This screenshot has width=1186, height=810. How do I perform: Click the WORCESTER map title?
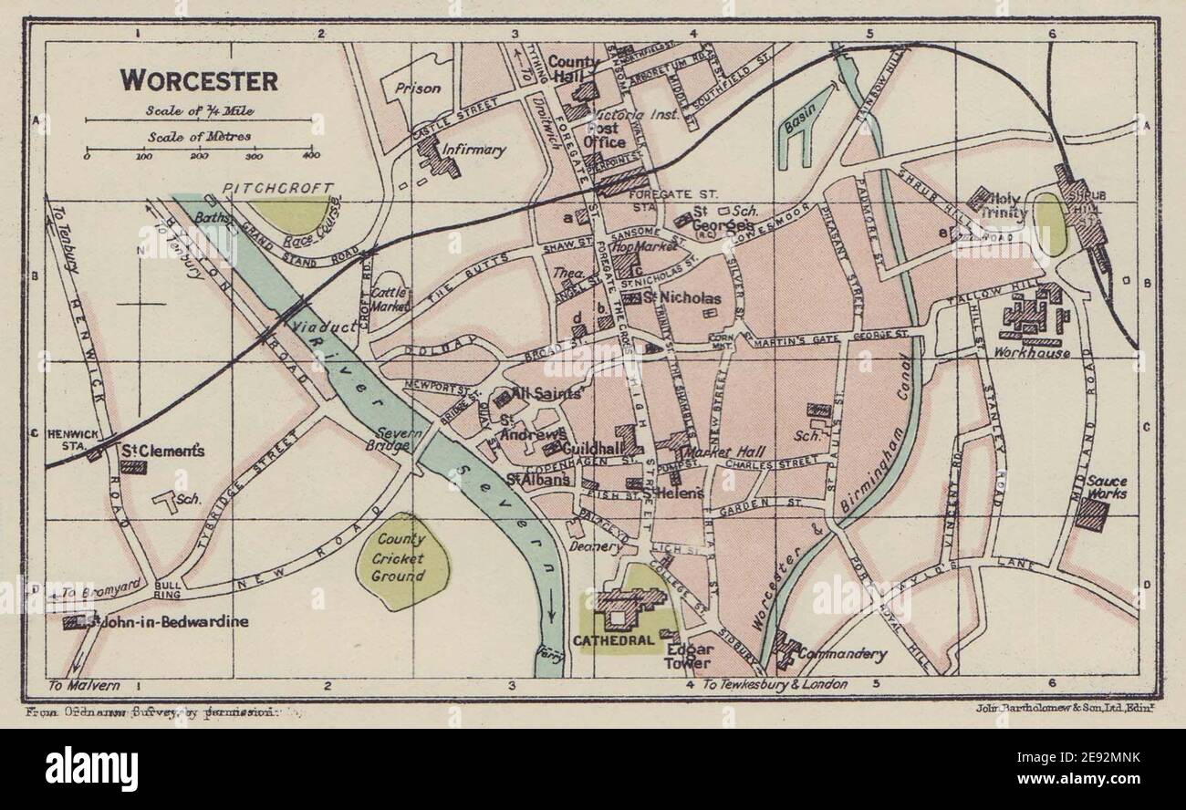pyautogui.click(x=199, y=80)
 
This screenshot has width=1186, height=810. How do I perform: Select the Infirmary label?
pyautogui.click(x=473, y=150)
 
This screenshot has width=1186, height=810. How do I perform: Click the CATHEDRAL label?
pyautogui.click(x=614, y=640)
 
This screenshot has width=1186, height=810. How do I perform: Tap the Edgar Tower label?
pyautogui.click(x=690, y=656)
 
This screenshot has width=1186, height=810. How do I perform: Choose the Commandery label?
pyautogui.click(x=841, y=654)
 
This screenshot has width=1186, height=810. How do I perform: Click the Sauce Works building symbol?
pyautogui.click(x=1090, y=513)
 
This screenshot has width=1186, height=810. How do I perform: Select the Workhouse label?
pyautogui.click(x=1032, y=351)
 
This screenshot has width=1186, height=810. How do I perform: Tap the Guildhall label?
pyautogui.click(x=592, y=450)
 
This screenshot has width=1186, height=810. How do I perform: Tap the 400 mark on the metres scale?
pyautogui.click(x=310, y=156)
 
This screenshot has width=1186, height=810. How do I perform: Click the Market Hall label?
pyautogui.click(x=725, y=452)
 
